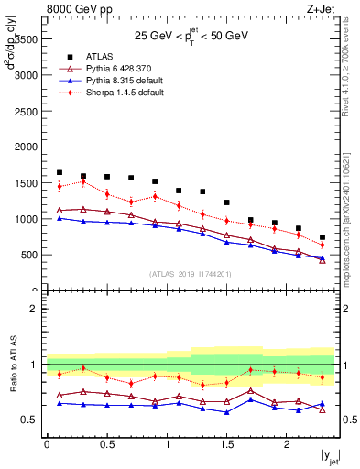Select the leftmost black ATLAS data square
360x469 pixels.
point(60,172)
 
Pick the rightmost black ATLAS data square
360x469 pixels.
point(322,237)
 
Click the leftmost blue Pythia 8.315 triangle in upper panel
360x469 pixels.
point(60,218)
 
